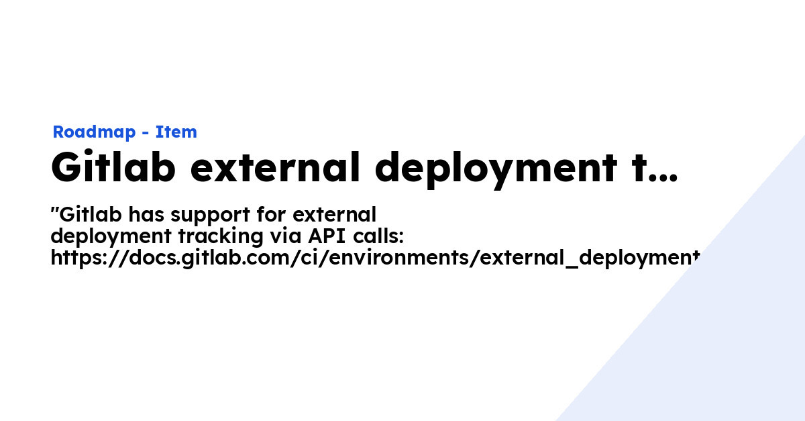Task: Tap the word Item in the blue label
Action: point(176,132)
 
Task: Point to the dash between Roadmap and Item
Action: point(146,133)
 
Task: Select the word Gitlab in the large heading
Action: point(113,168)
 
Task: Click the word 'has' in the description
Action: point(146,215)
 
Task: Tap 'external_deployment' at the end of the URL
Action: point(590,258)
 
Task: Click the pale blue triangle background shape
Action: point(724,336)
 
